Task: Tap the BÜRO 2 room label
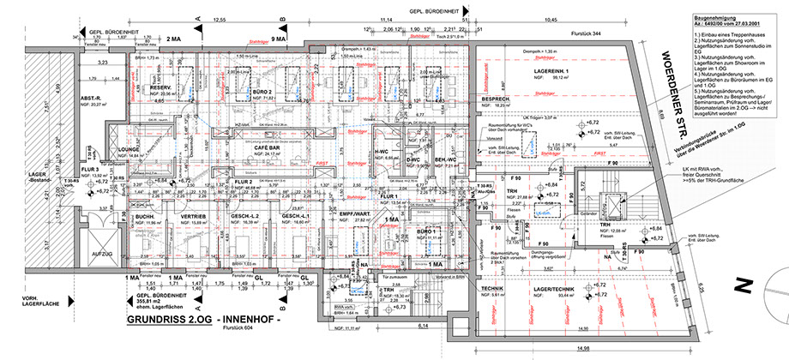click(263, 92)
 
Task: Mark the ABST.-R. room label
click(91, 98)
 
